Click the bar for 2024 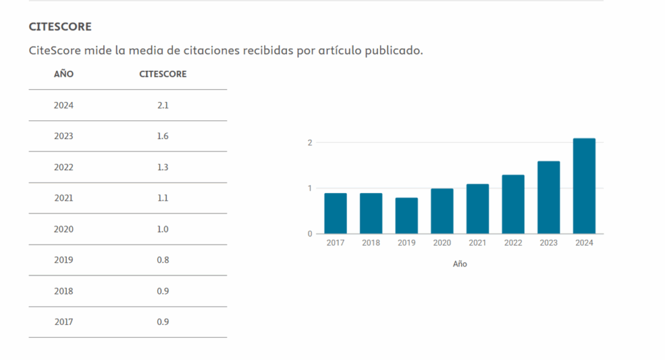tap(584, 186)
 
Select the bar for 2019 tap(407, 216)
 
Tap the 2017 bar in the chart tap(335, 213)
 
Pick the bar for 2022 tap(513, 204)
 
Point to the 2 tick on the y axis tap(310, 142)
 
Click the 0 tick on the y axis tap(310, 234)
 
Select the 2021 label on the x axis tap(477, 243)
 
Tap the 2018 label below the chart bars tap(371, 243)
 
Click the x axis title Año tap(460, 264)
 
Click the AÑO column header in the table tap(64, 74)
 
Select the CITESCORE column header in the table tap(163, 74)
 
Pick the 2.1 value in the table tap(163, 105)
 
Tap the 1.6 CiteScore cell tap(163, 136)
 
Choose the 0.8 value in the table tap(163, 260)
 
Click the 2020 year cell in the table tap(64, 229)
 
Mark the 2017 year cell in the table tap(64, 322)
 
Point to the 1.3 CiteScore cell tap(163, 167)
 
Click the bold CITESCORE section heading tap(60, 27)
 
